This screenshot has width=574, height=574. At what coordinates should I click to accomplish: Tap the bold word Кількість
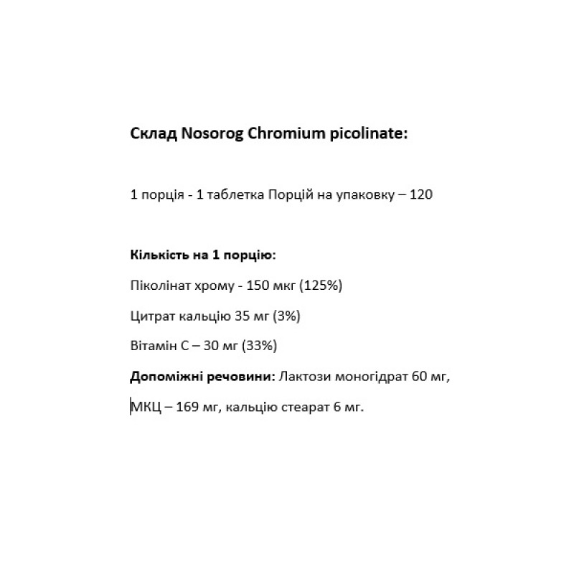[159, 255]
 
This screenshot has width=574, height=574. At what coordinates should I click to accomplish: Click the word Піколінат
[159, 286]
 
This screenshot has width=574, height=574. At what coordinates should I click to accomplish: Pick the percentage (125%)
[322, 286]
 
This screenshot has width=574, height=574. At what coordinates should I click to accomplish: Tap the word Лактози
[302, 377]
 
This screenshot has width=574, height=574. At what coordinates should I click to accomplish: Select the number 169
[184, 408]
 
